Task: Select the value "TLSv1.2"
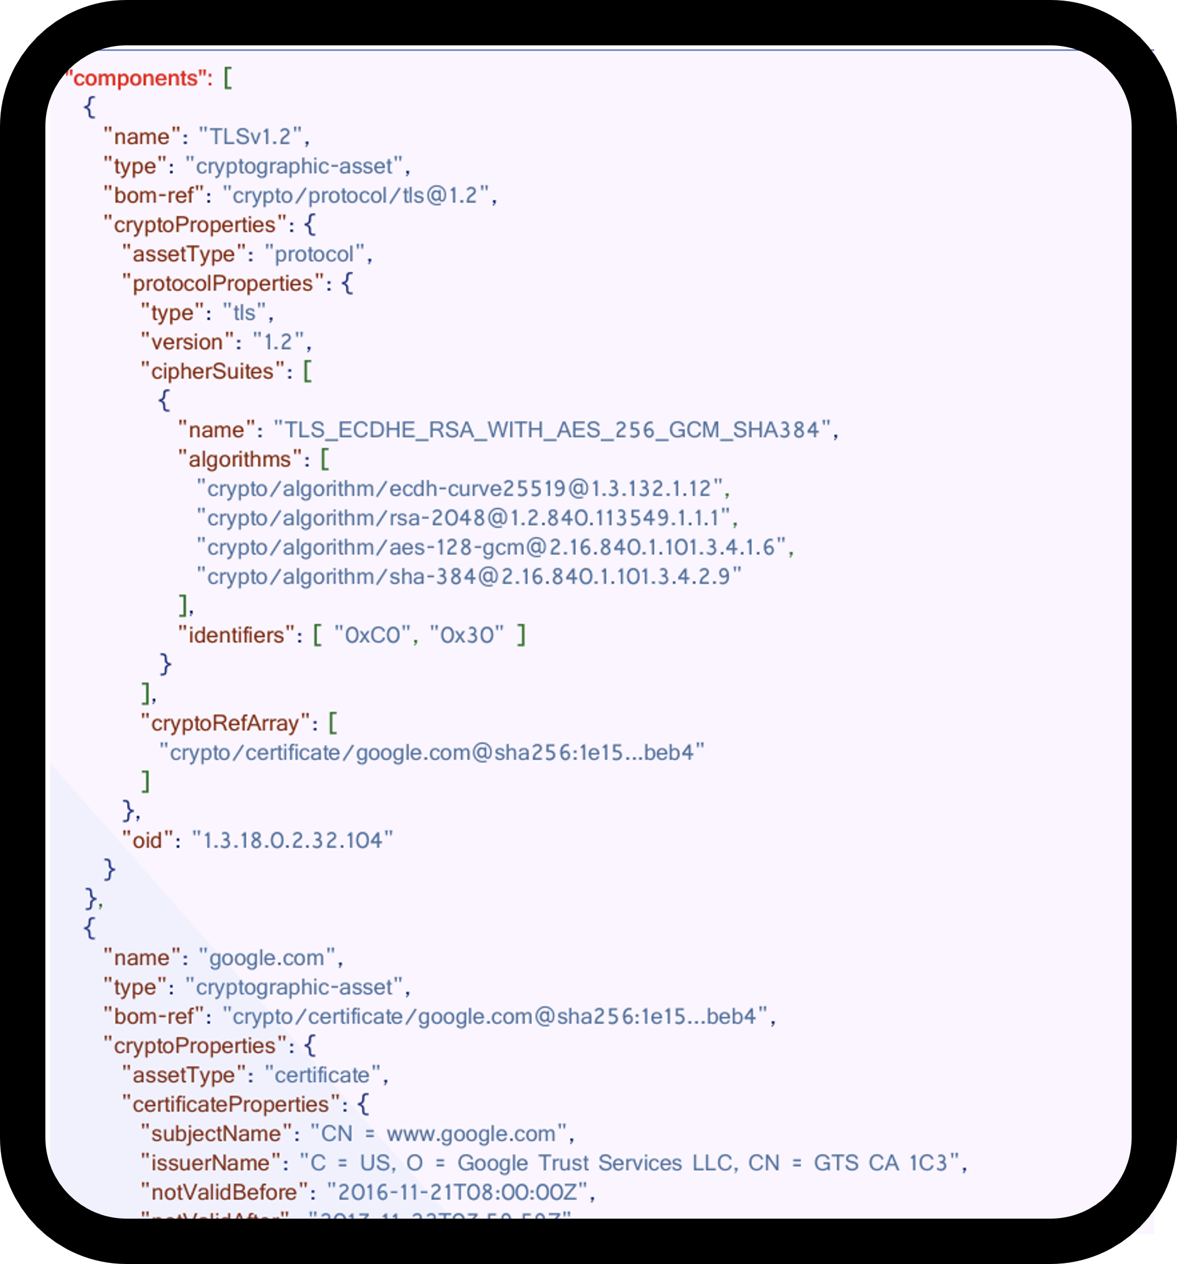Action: tap(250, 137)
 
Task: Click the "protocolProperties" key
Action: tap(223, 284)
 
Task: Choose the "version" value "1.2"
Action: tap(278, 342)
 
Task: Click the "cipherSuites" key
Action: tap(212, 371)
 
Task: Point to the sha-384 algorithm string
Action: tap(468, 576)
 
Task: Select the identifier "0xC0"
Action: tap(372, 635)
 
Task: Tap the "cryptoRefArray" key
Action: tap(225, 723)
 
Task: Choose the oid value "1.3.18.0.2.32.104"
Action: tap(293, 840)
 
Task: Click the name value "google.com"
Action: tap(266, 957)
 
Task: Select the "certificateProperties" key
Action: tap(231, 1105)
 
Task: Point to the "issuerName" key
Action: tap(210, 1163)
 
